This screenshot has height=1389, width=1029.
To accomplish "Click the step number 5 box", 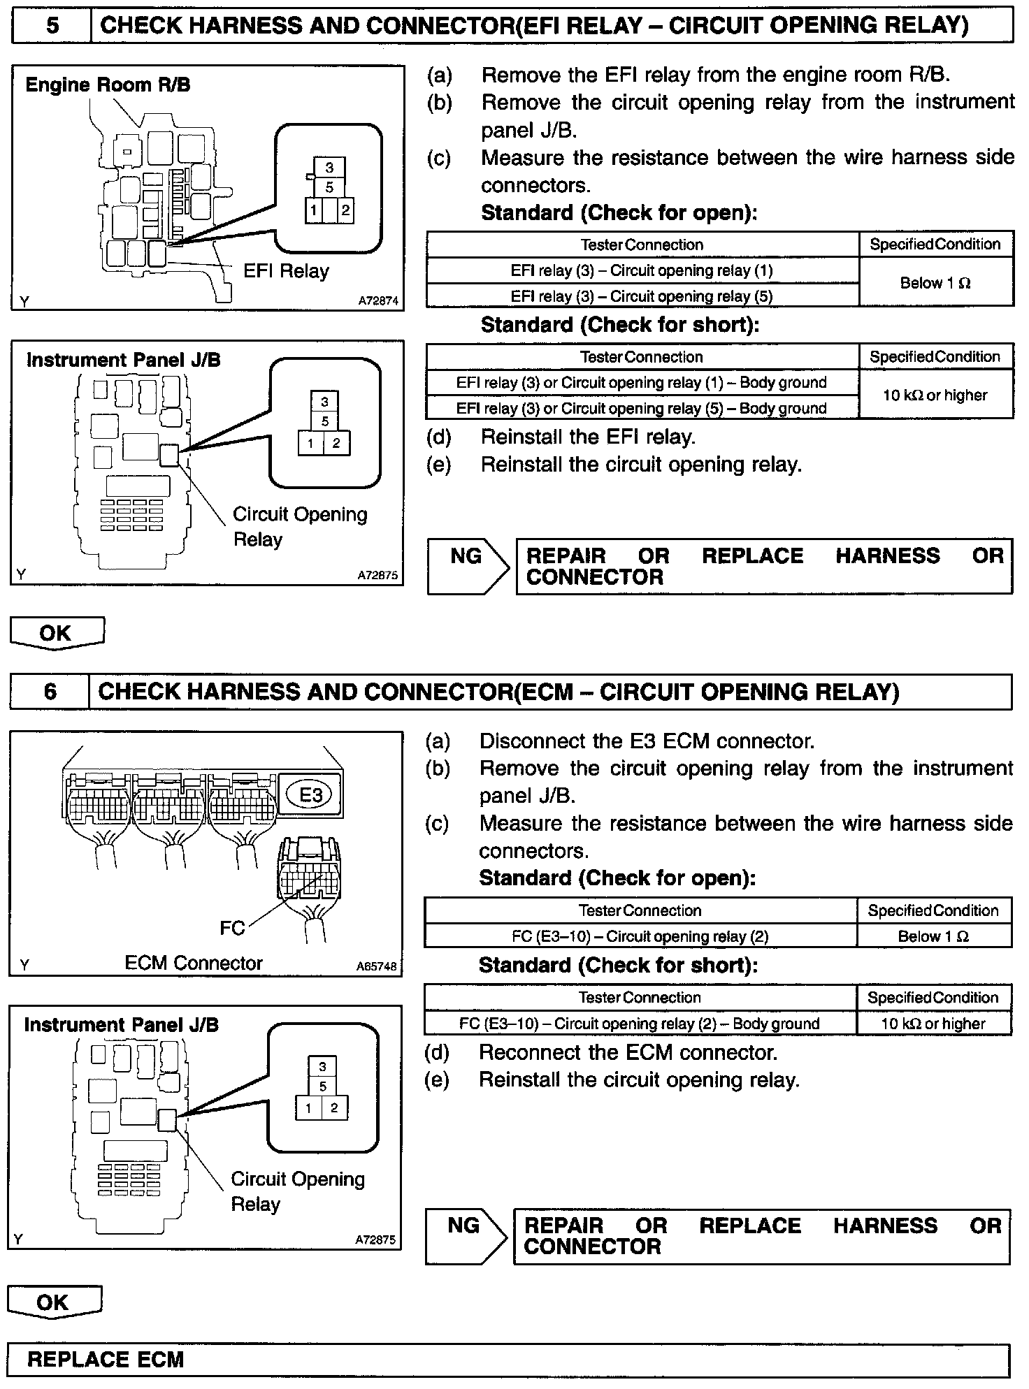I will (x=52, y=26).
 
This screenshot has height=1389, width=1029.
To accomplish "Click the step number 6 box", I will (x=50, y=692).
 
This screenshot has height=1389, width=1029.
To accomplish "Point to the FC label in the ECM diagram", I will (x=232, y=928).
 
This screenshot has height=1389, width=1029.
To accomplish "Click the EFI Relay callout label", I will (x=286, y=271).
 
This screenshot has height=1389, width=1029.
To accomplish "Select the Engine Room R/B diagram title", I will (x=108, y=85).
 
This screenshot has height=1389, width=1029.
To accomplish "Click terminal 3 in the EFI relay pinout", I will (x=329, y=168).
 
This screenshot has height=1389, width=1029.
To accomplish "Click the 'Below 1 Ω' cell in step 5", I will (x=935, y=283).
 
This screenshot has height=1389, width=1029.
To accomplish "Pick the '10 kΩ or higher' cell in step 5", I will (x=935, y=395).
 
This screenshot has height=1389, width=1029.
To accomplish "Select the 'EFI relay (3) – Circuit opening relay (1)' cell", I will (x=642, y=270).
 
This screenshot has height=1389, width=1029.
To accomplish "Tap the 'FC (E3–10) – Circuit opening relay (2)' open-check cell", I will (x=640, y=936).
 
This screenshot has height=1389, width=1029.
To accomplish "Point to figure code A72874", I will (x=378, y=301).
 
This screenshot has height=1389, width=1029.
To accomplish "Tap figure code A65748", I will (x=376, y=967).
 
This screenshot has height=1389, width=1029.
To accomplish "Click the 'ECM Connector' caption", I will (x=194, y=963).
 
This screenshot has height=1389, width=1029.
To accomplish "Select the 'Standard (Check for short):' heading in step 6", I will (x=618, y=966).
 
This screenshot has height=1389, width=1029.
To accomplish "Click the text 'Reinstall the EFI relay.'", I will (x=588, y=437).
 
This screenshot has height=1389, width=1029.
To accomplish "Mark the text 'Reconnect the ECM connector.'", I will (x=628, y=1052).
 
